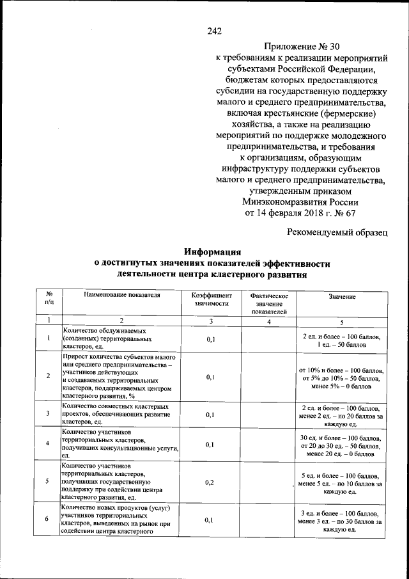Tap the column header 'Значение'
(342, 297)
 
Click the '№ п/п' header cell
(49, 299)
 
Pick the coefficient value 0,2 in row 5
(210, 482)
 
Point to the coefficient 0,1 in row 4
(210, 445)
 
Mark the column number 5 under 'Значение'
(342, 322)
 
